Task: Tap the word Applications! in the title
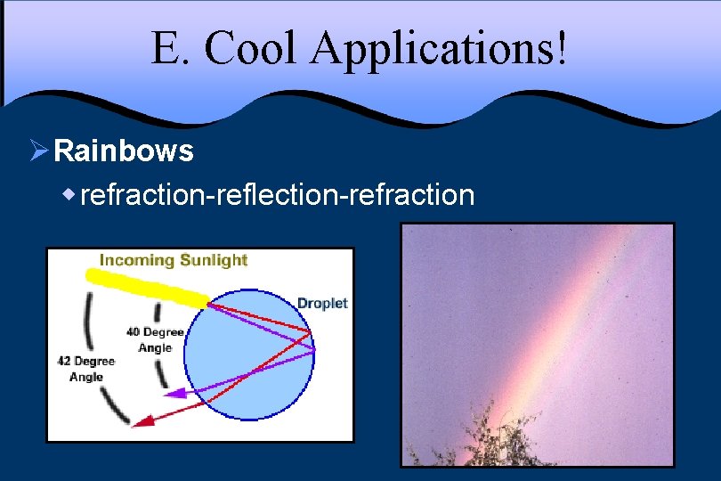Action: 439,50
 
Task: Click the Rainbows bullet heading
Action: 123,151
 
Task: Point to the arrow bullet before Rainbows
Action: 37,151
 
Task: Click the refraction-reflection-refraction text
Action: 277,193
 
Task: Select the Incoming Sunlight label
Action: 173,260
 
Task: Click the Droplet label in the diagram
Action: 321,303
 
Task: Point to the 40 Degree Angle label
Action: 154,339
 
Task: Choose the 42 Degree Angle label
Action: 86,369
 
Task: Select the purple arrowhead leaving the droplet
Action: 176,392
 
